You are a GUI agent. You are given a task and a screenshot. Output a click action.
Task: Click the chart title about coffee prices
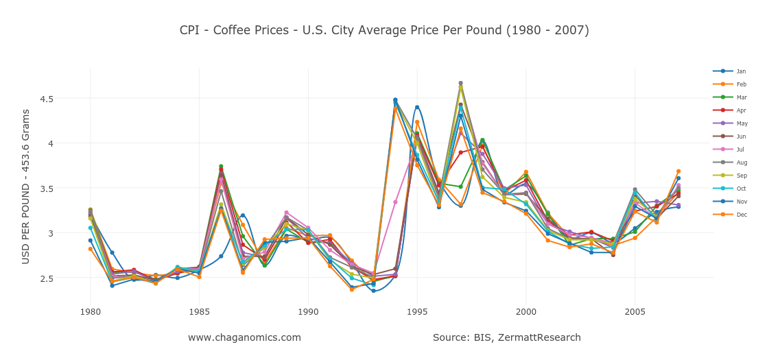pos(384,30)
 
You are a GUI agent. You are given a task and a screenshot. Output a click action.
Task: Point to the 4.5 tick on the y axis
pos(66,99)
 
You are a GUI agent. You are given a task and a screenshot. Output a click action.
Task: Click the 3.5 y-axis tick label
pos(66,189)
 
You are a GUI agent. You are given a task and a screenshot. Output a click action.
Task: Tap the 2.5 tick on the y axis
pos(66,278)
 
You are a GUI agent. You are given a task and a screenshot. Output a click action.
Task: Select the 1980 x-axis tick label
pos(90,311)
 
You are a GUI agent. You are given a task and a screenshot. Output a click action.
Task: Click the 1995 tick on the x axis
pos(417,311)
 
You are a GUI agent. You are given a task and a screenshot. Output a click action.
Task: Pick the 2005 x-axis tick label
pos(635,311)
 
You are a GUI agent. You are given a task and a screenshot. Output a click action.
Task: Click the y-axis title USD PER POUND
pos(26,187)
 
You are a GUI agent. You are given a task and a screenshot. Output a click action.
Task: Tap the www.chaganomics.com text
pos(244,337)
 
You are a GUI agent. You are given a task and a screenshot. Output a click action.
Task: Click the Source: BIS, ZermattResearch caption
pos(506,337)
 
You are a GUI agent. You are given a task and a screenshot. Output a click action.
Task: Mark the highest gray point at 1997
pos(460,83)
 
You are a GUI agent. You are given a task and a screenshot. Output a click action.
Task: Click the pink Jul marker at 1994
pos(395,202)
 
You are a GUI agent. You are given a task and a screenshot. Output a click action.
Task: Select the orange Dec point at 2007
pos(678,171)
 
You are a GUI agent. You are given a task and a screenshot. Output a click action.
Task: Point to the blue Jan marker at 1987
pos(243,215)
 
